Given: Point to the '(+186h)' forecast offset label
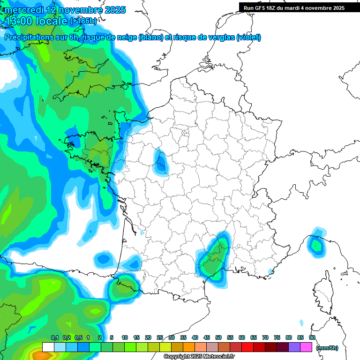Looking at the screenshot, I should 83,21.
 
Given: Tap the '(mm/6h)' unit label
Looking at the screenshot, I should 327,348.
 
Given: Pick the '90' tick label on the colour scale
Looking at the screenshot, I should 312,338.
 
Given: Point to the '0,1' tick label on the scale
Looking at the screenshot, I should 54,338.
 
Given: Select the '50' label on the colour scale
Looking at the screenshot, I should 218,338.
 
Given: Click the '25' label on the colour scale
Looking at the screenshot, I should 160,338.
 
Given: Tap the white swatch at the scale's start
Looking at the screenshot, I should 48,347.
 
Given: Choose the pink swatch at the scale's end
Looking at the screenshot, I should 306,347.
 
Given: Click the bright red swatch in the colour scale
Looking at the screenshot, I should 247,347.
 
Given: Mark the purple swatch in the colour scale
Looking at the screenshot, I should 294,347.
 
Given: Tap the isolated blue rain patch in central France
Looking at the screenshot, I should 161,162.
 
